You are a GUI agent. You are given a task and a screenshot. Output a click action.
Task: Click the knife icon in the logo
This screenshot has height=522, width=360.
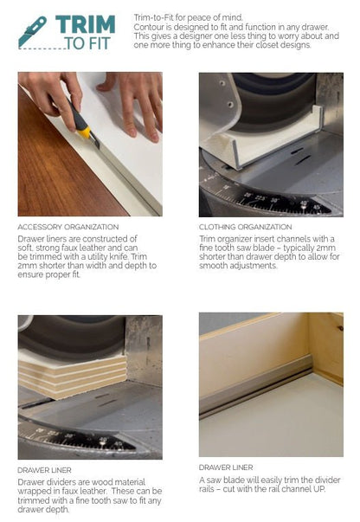[x=32, y=32]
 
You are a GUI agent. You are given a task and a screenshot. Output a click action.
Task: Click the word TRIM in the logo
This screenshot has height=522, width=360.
[x=85, y=24]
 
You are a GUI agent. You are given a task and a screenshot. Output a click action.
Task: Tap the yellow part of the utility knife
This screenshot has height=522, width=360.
[x=84, y=132]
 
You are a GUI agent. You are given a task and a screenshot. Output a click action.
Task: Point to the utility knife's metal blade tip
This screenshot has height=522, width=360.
[x=98, y=145]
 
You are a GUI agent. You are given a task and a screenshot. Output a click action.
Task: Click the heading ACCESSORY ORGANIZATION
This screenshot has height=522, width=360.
[x=68, y=227]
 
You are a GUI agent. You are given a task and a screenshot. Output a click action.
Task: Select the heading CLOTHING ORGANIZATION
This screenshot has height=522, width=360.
[x=246, y=227]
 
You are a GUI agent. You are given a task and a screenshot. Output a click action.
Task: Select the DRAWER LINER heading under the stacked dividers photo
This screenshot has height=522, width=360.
[x=45, y=470]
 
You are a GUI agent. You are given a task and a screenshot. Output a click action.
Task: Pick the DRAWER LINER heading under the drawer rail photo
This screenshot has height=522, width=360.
[x=226, y=467]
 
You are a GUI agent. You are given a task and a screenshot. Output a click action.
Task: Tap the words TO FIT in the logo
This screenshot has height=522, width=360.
[x=87, y=43]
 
